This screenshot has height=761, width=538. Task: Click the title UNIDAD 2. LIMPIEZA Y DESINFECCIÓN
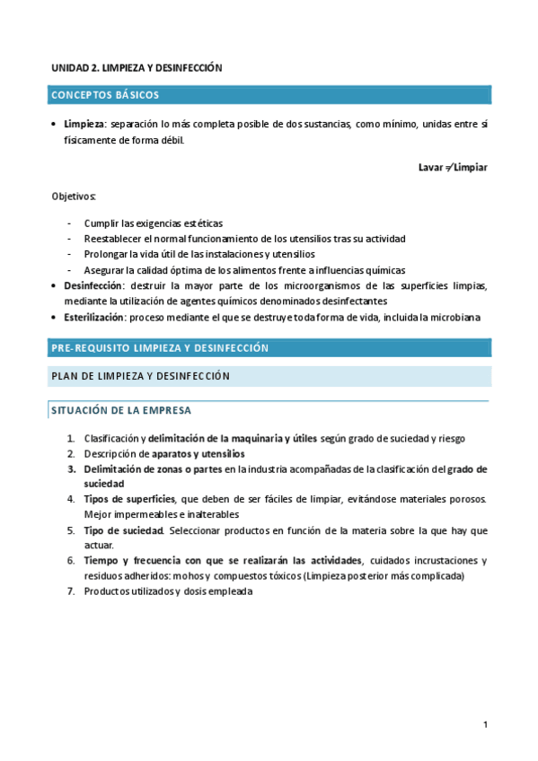tap(137, 67)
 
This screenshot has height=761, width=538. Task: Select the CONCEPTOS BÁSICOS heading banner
tap(269, 94)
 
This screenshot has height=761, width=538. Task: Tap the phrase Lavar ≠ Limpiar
tap(453, 168)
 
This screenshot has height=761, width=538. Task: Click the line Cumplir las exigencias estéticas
tap(154, 223)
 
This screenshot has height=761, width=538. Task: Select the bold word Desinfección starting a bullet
tap(93, 286)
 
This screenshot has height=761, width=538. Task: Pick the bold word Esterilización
tap(93, 318)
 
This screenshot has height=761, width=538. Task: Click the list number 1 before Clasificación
tap(71, 438)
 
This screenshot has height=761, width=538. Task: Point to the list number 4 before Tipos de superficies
tap(71, 498)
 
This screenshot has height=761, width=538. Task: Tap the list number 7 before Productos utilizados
tap(71, 591)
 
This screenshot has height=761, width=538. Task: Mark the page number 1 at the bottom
tap(485, 724)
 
